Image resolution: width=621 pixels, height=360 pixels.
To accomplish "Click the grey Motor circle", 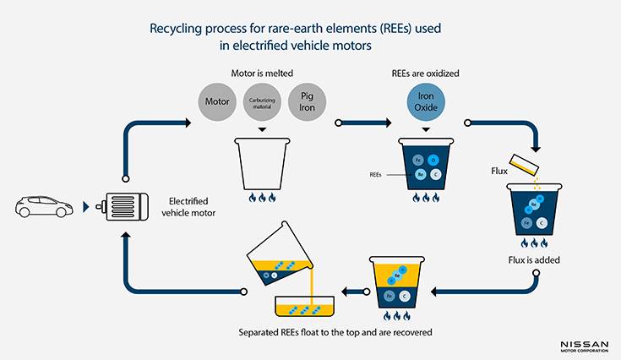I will coord(218,103).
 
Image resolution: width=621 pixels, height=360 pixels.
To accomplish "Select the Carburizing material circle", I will coord(262,103).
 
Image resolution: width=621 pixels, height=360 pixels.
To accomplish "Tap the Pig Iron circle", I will coord(307,103).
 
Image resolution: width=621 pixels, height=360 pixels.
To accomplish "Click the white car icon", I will coord(45,207).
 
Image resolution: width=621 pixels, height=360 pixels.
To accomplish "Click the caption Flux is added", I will coord(535,259).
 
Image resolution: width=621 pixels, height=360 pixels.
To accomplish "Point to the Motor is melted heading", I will coord(262,73).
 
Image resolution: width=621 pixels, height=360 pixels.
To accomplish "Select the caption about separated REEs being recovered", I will coord(335,332).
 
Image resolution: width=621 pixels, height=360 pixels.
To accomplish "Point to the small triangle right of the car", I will coord(86,207).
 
